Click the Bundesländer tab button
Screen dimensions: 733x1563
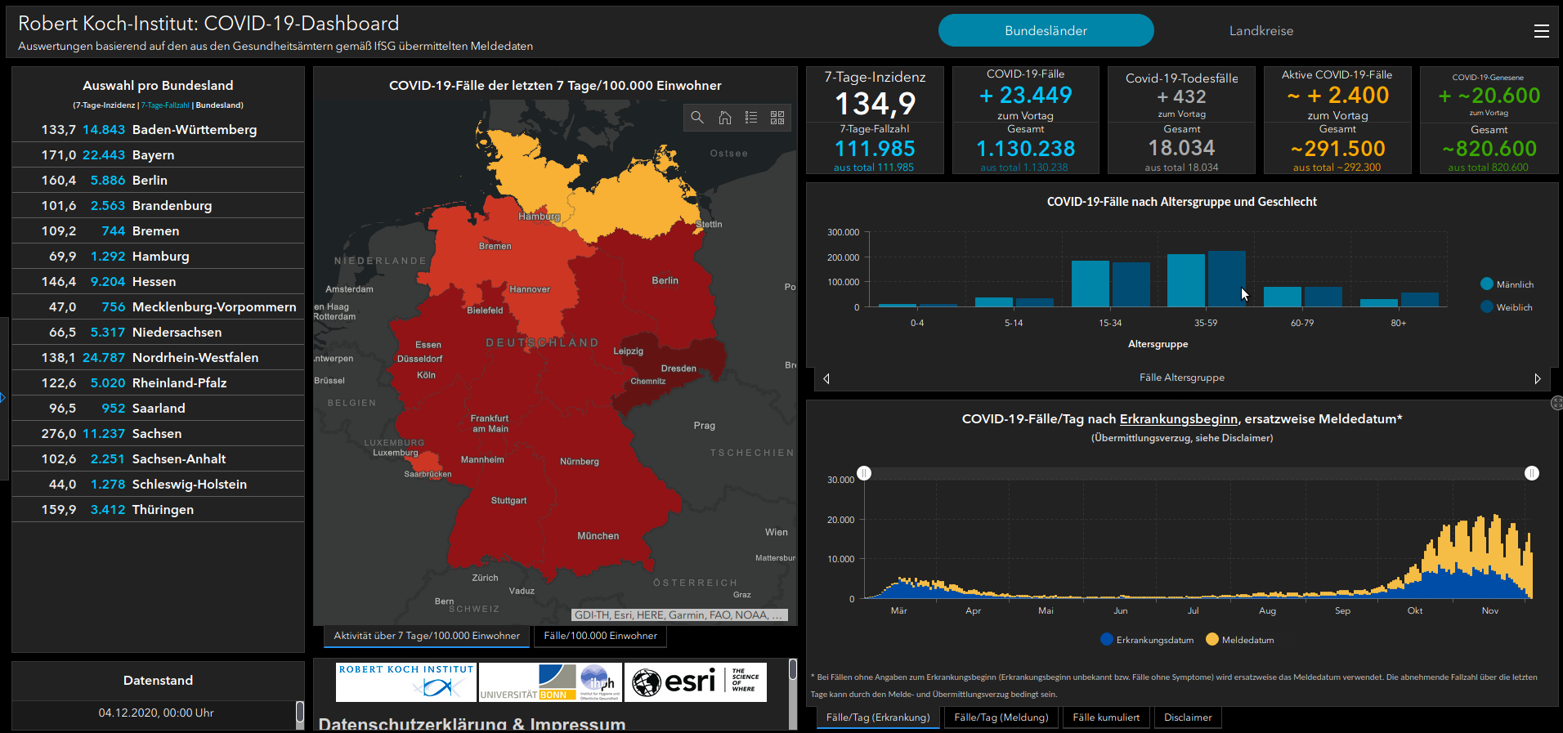coord(1046,31)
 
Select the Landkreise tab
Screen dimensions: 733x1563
coord(1261,31)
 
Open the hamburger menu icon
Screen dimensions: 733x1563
coord(1541,31)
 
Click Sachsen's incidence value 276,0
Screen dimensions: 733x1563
coord(59,434)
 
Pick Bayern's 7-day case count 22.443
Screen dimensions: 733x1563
coord(104,155)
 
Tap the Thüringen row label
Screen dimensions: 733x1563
coord(163,510)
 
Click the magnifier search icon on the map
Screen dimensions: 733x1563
coord(697,118)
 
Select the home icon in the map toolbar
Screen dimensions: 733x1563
coord(724,118)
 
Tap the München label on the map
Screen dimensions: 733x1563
coord(598,536)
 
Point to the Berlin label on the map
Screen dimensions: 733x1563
coord(665,281)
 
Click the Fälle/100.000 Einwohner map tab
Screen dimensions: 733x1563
coord(600,636)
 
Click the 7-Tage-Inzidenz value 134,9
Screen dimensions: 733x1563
coord(875,104)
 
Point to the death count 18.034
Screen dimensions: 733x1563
coord(1181,148)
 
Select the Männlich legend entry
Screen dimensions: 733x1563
coord(1507,284)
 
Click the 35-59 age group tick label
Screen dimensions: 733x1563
coord(1206,323)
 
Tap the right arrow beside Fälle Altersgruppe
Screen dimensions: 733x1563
coord(1537,378)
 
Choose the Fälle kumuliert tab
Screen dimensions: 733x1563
coord(1105,717)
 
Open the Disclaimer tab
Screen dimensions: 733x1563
coord(1187,717)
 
